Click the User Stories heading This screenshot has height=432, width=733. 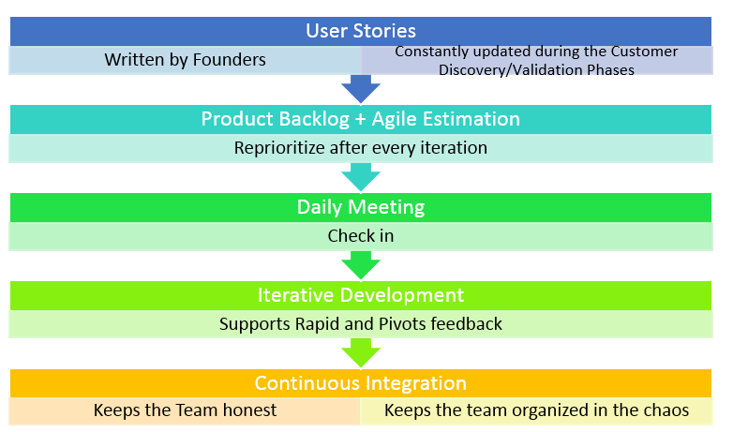(361, 31)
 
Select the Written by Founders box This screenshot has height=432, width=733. (186, 60)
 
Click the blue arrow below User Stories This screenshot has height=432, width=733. (361, 89)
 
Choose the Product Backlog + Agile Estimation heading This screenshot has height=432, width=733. (361, 119)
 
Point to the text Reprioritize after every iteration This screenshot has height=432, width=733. (361, 148)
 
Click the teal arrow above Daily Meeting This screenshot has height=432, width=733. (361, 177)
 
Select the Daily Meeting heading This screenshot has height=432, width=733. (361, 207)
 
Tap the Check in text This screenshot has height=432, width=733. (361, 236)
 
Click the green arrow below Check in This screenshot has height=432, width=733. (361, 265)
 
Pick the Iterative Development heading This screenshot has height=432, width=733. (361, 295)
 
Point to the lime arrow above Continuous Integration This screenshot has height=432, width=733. (361, 353)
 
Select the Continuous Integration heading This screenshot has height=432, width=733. (361, 383)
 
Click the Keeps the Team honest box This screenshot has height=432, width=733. (186, 410)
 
